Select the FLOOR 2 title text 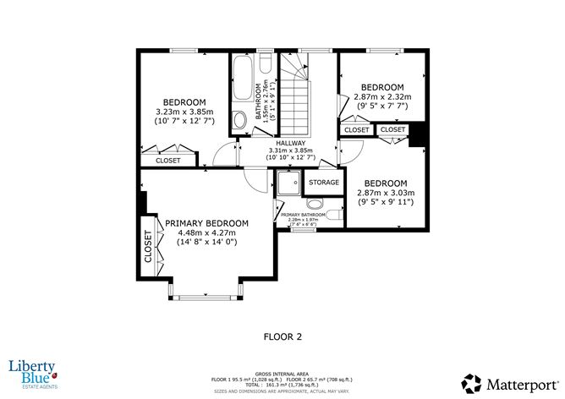pos(282,336)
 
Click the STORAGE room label pos(323,183)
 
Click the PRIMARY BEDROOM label pos(206,223)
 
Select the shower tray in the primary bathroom pos(288,183)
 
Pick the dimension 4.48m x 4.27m pos(206,233)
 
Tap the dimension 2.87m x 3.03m pos(386,194)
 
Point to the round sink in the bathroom pos(239,119)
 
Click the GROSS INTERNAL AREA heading pos(282,371)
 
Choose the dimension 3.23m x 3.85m pos(184,111)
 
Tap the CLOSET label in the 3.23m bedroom pos(167,160)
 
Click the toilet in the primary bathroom pos(315,204)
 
